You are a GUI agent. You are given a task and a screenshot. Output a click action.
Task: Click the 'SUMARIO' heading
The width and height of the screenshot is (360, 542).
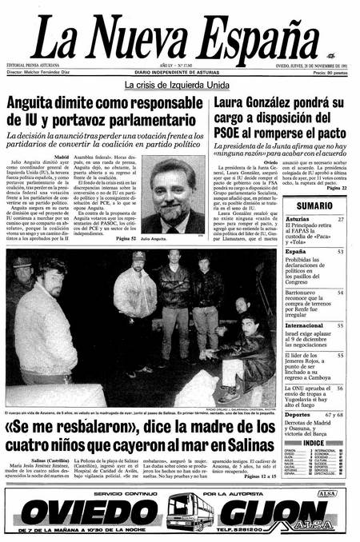314,205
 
